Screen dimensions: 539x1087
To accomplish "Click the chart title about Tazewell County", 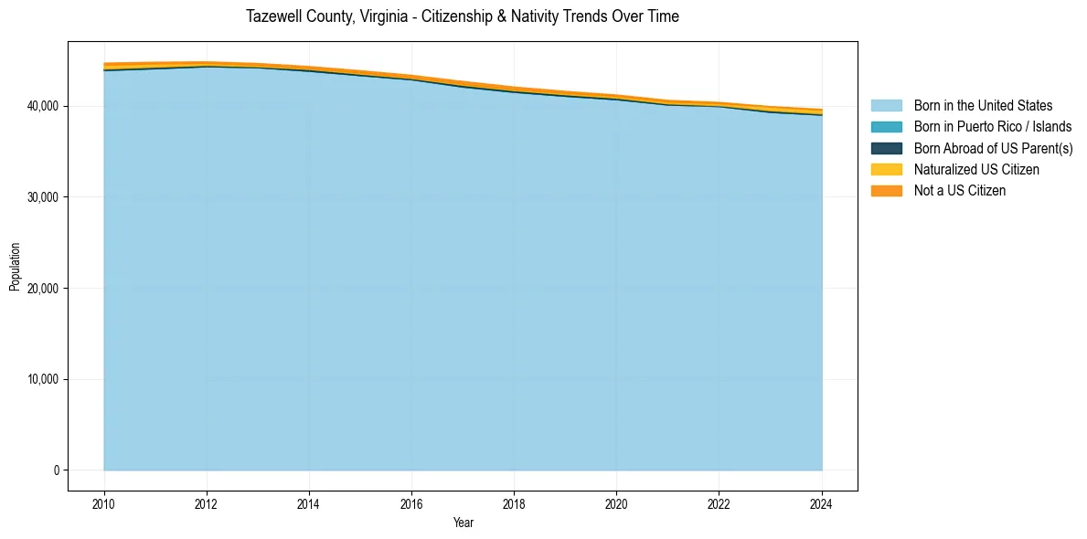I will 463,16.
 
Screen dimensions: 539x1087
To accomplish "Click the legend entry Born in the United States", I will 983,106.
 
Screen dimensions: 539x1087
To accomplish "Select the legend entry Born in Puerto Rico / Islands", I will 993,127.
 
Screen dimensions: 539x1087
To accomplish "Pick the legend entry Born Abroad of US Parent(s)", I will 993,148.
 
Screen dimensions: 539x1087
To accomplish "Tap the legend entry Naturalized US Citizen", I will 976,169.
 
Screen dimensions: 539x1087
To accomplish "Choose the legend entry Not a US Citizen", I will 960,190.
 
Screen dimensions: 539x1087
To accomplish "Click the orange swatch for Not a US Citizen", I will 886,190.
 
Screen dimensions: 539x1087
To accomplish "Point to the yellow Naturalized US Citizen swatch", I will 886,169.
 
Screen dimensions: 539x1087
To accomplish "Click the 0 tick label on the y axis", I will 55,470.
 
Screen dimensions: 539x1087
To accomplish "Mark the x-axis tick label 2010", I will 104,502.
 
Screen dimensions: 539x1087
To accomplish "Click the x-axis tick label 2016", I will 411,502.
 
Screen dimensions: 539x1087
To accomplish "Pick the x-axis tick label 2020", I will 616,502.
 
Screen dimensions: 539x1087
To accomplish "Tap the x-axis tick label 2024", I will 822,502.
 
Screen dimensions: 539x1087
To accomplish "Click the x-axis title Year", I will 463,523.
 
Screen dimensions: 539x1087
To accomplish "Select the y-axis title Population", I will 15,267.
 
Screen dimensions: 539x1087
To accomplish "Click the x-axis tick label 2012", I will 207,502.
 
